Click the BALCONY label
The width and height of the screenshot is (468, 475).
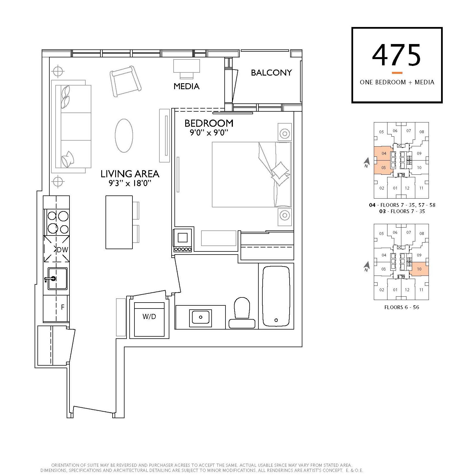[271, 73]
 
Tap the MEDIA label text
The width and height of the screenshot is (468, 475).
[186, 86]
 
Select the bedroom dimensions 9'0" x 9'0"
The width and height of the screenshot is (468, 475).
[209, 133]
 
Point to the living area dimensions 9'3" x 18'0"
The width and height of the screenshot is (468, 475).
[130, 183]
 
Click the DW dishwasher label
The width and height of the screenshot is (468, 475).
[62, 250]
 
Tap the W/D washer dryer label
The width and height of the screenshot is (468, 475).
[149, 316]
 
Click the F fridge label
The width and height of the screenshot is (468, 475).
[63, 307]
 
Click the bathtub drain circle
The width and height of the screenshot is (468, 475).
[276, 320]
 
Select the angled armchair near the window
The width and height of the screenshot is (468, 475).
[126, 81]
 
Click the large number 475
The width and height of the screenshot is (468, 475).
[397, 55]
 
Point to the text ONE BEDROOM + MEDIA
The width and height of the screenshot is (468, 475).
[397, 82]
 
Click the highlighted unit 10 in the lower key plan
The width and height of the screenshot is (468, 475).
[419, 269]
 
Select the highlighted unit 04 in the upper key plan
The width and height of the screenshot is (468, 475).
[383, 153]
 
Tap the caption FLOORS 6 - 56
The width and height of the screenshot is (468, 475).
[402, 307]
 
